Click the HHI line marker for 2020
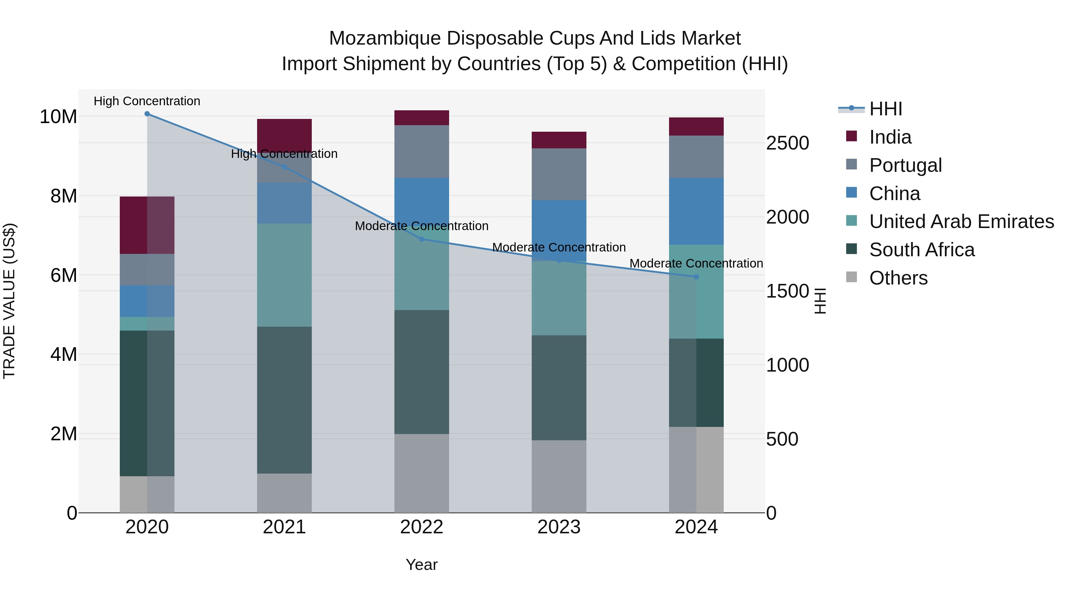tap(147, 114)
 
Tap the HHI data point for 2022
tap(421, 239)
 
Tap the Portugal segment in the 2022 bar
tap(421, 151)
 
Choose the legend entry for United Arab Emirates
tap(961, 221)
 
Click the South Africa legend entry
tap(922, 250)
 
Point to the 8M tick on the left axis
tap(64, 196)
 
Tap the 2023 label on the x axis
tap(559, 527)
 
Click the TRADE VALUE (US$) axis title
tap(9, 301)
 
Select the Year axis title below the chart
tap(421, 565)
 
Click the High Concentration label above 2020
tap(147, 101)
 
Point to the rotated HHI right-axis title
tap(820, 301)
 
